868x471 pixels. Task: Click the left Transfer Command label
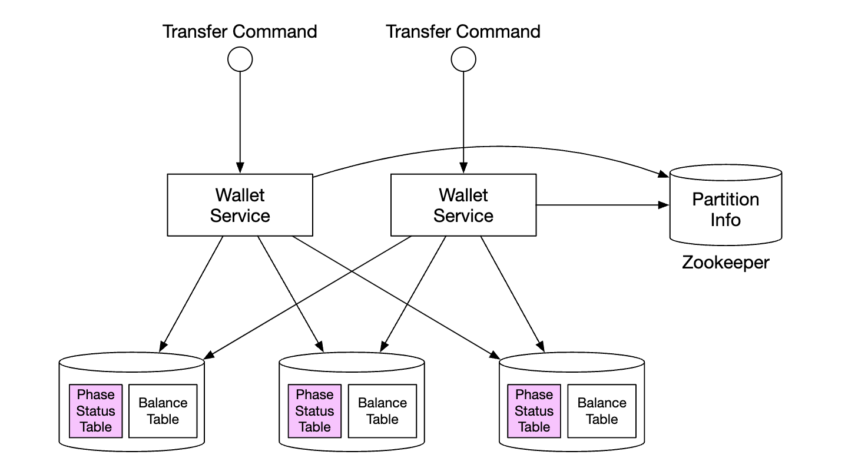click(x=240, y=31)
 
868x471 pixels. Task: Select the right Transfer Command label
click(x=463, y=31)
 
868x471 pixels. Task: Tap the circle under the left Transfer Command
click(x=240, y=59)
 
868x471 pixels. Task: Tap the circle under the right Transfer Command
click(x=463, y=59)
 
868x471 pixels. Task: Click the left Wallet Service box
click(x=240, y=205)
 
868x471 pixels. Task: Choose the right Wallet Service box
click(x=463, y=205)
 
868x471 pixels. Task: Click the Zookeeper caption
click(x=725, y=262)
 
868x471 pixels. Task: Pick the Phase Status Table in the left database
click(x=95, y=411)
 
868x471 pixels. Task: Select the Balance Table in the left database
click(x=163, y=411)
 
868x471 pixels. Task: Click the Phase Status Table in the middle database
click(x=314, y=411)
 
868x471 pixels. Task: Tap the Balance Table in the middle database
click(x=382, y=411)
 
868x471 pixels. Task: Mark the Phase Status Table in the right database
click(x=534, y=411)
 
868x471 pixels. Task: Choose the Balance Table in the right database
click(x=602, y=411)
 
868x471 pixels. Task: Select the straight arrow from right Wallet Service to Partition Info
click(x=601, y=205)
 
